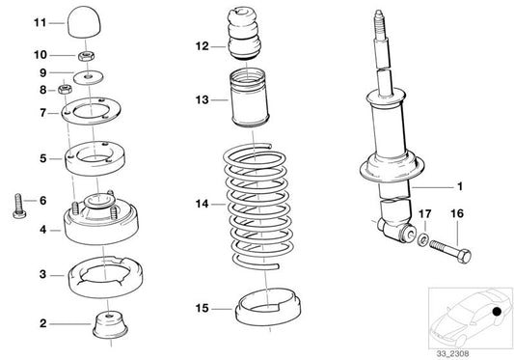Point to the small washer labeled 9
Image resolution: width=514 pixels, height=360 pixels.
(91, 73)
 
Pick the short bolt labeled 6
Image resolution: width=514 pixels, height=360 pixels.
(18, 206)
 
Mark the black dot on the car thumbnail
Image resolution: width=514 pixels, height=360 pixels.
(495, 312)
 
